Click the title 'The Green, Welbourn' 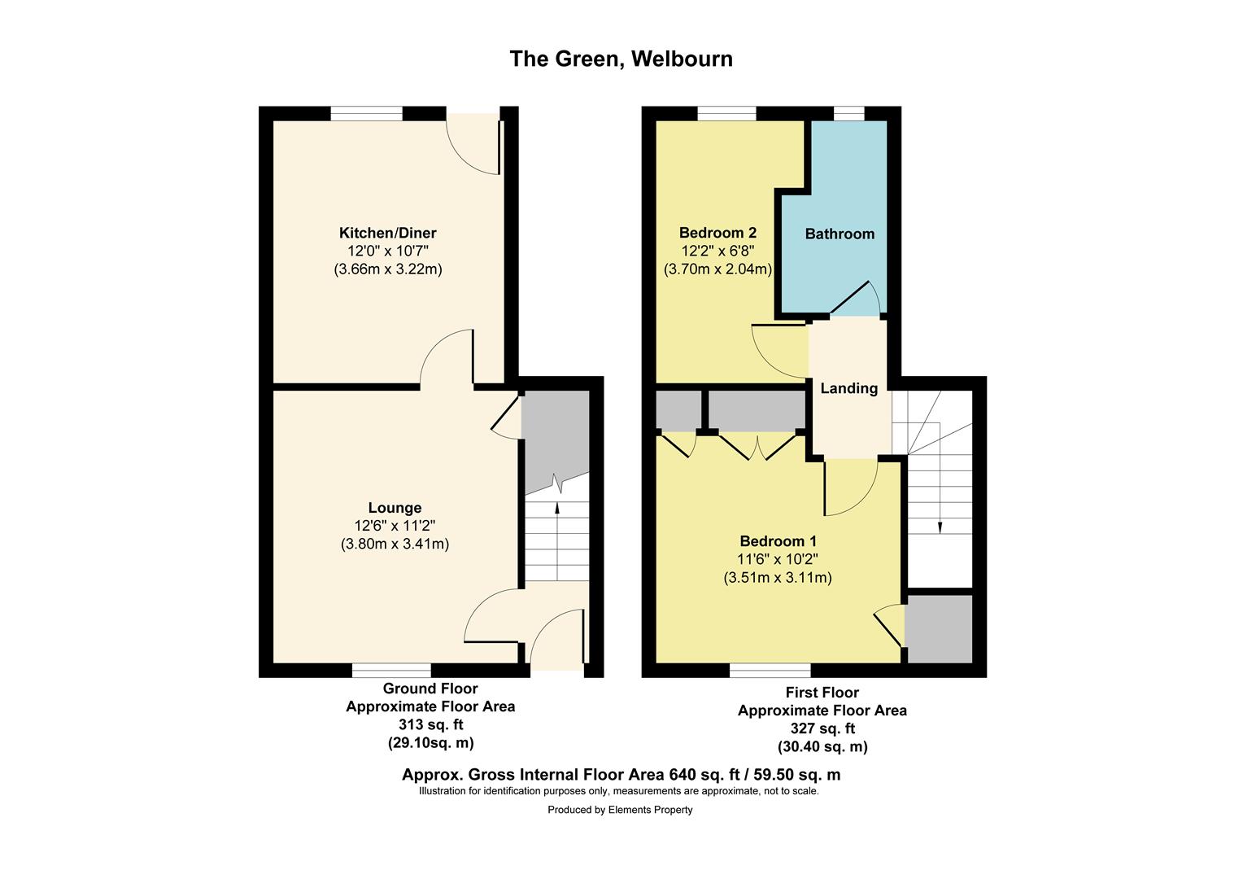click(621, 59)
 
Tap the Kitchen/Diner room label click(388, 233)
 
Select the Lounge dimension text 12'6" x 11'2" click(395, 525)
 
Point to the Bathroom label click(840, 234)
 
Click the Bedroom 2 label click(717, 233)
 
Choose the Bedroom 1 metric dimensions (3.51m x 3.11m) click(778, 578)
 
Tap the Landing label click(849, 388)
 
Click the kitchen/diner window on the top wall click(366, 113)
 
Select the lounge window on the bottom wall click(392, 670)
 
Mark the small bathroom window click(849, 113)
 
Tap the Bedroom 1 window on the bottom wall click(770, 670)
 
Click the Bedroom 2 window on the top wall click(727, 113)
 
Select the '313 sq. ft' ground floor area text click(430, 724)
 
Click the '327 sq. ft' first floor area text click(822, 728)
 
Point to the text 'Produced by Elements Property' click(620, 810)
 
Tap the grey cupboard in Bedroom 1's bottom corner click(939, 628)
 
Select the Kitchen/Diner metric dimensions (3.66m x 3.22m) click(388, 269)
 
